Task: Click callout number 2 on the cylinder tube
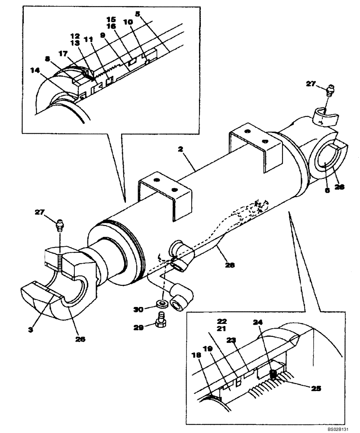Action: tap(180, 149)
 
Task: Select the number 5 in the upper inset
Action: tap(138, 13)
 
